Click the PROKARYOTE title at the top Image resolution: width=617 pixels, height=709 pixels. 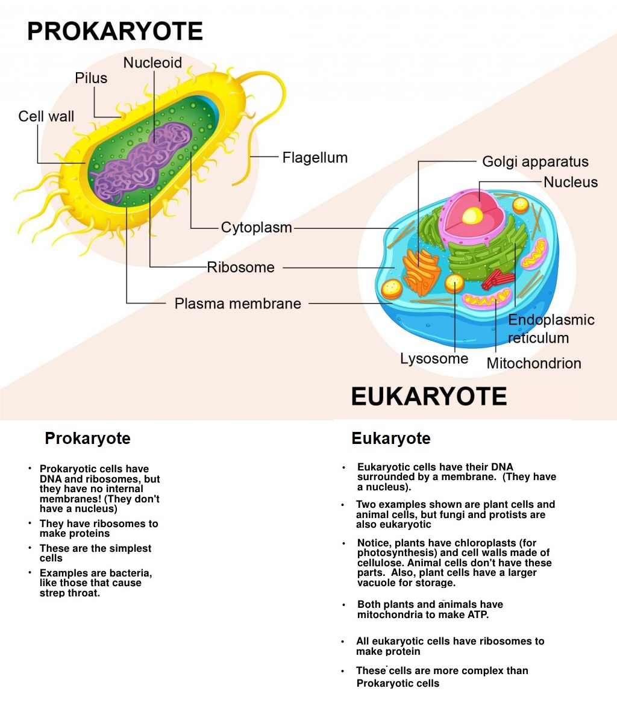114,31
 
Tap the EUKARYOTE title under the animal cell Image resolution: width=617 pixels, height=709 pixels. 428,396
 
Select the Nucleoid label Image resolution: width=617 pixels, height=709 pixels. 152,63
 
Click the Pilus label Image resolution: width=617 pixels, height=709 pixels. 91,78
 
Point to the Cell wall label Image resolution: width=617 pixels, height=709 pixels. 46,116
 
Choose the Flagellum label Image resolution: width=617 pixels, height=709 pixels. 315,158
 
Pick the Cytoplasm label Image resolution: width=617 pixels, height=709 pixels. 256,228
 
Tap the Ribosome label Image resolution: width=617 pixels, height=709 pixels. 240,267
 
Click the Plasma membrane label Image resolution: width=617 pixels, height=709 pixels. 237,304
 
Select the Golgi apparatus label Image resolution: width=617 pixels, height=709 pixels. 535,161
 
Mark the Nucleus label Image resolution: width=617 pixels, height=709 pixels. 570,182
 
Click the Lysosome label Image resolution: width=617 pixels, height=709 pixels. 434,359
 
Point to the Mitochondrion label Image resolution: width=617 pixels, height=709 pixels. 534,363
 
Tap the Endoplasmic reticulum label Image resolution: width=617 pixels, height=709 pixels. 551,329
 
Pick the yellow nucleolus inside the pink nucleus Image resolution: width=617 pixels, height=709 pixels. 473,215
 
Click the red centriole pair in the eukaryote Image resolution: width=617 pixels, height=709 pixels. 498,278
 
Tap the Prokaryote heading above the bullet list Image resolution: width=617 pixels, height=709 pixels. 87,438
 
